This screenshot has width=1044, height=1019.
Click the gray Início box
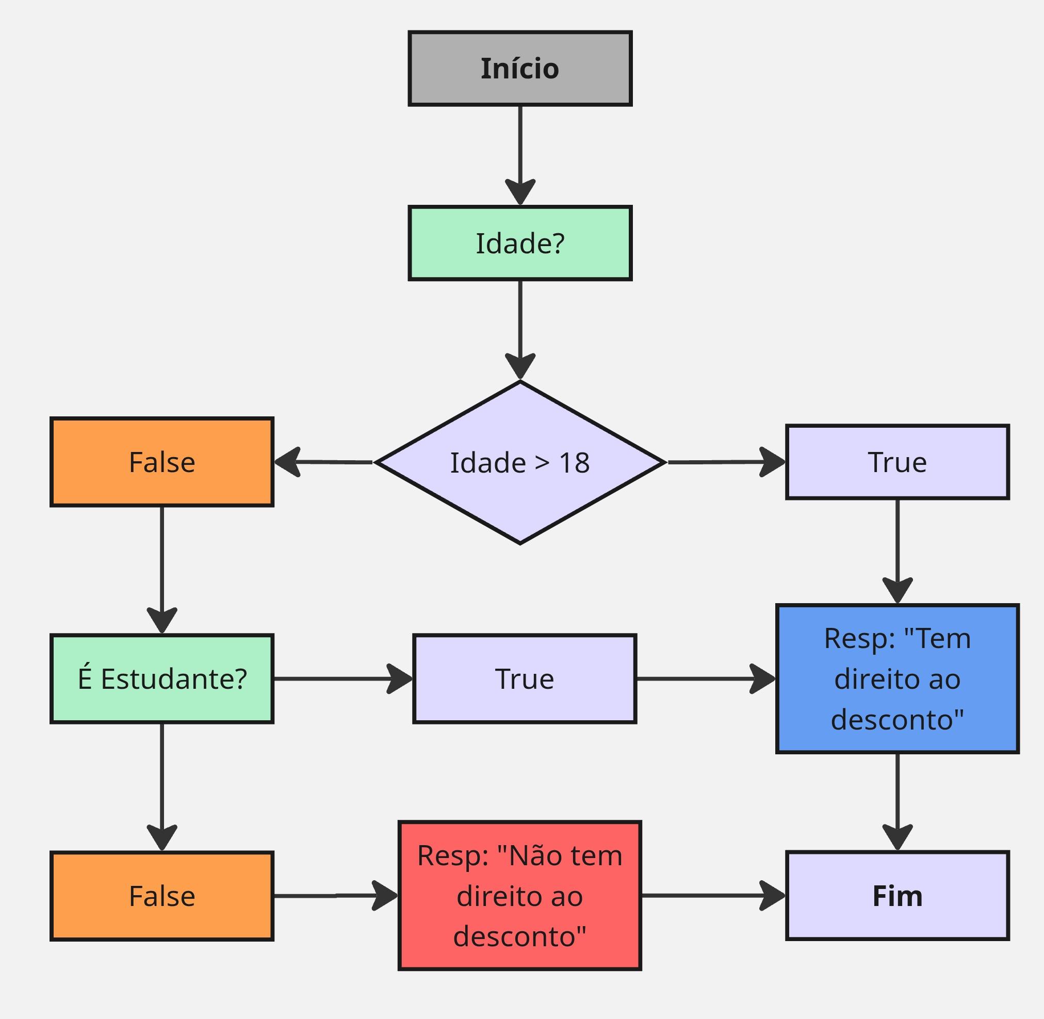[519, 69]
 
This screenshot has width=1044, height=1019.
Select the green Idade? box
[519, 243]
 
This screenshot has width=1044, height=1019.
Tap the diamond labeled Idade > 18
[519, 462]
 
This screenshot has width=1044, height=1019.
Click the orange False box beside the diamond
[161, 462]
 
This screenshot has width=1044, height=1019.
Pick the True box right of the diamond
[898, 462]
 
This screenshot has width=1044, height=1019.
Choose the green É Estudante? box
[161, 678]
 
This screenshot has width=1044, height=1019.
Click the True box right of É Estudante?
[525, 678]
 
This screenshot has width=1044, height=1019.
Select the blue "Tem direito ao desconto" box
[898, 678]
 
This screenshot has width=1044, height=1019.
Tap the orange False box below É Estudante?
[161, 896]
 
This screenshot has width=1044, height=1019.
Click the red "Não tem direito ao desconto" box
[519, 895]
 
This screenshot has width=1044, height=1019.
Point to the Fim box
[898, 896]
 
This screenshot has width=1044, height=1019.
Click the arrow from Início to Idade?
[520, 156]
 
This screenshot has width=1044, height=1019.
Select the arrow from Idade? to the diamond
[520, 330]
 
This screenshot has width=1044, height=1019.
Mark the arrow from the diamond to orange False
[323, 462]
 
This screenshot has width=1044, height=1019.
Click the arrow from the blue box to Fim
[898, 802]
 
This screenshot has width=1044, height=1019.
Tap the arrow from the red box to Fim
[713, 895]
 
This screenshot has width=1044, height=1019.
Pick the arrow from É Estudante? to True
[343, 678]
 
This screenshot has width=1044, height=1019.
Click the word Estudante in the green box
[167, 679]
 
